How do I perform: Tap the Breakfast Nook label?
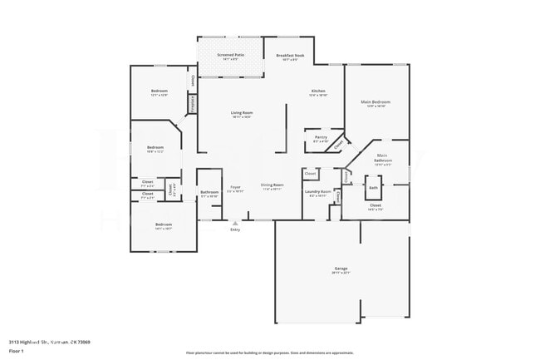pyautogui.click(x=290, y=55)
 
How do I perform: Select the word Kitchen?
pyautogui.click(x=318, y=91)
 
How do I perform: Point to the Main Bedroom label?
pyautogui.click(x=376, y=102)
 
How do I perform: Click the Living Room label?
pyautogui.click(x=242, y=112)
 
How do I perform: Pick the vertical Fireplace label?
pyautogui.click(x=193, y=104)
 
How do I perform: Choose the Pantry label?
pyautogui.click(x=321, y=136)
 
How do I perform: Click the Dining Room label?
pyautogui.click(x=272, y=186)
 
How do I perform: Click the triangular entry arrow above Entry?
pyautogui.click(x=236, y=222)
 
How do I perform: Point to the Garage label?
pyautogui.click(x=341, y=269)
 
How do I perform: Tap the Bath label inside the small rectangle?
pyautogui.click(x=374, y=187)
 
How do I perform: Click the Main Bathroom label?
pyautogui.click(x=382, y=157)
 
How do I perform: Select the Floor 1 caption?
pyautogui.click(x=17, y=352)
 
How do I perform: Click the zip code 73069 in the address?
pyautogui.click(x=85, y=342)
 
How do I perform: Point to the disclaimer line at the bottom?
pyautogui.click(x=270, y=353)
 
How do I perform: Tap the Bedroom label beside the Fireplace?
pyautogui.click(x=160, y=91)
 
